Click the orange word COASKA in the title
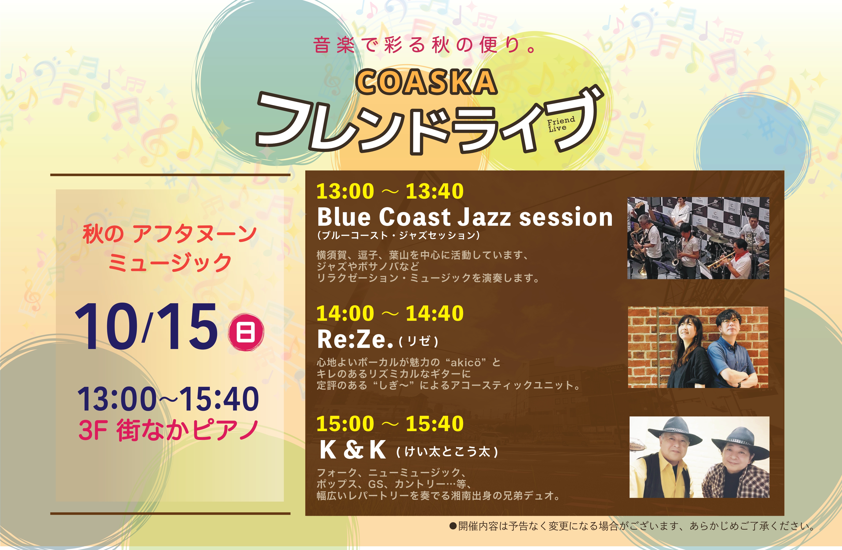(427, 82)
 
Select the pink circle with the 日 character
(246, 333)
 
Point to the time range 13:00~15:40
(168, 399)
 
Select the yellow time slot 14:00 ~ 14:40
(390, 313)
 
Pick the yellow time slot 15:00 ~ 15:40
(390, 423)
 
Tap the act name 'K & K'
(353, 450)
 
